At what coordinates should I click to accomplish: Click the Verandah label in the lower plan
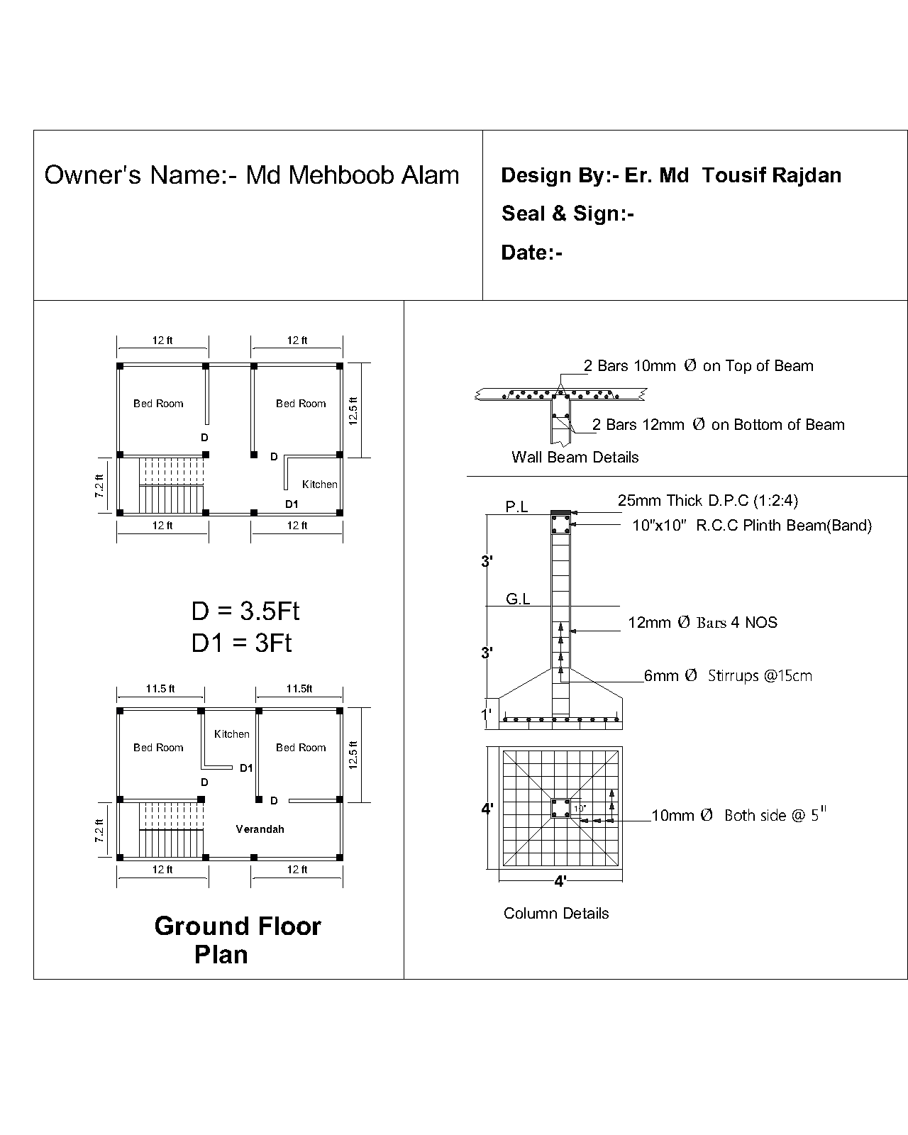(260, 829)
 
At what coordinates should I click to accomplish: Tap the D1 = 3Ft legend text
(241, 643)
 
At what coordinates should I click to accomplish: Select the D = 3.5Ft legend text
(245, 611)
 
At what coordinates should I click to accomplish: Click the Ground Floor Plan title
(238, 940)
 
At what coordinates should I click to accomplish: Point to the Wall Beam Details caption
(575, 457)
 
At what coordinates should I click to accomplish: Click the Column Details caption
(556, 913)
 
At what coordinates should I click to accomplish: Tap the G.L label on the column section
(518, 599)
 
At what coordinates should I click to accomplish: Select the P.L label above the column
(516, 506)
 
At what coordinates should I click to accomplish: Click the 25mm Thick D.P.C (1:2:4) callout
(708, 500)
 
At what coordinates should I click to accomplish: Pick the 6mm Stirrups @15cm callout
(728, 675)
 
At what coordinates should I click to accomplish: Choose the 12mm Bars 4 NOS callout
(703, 622)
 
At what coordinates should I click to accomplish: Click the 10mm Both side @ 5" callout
(738, 814)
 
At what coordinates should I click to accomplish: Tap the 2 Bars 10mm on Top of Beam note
(699, 365)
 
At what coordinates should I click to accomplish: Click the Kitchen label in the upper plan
(320, 485)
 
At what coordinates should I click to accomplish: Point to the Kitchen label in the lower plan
(232, 733)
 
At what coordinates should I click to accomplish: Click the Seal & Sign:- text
(567, 214)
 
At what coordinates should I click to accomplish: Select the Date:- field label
(532, 253)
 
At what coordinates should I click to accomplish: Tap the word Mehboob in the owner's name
(341, 175)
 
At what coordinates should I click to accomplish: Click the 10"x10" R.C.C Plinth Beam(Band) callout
(752, 526)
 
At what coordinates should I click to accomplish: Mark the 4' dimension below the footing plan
(560, 881)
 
